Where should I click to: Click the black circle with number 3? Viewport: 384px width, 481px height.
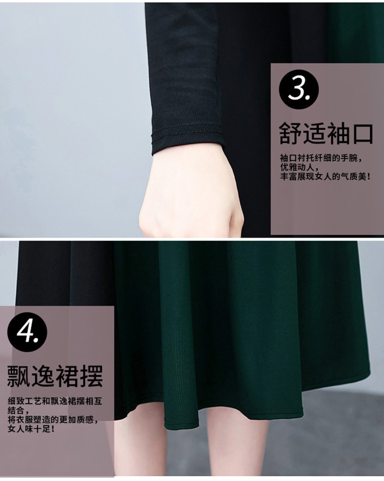point(298,89)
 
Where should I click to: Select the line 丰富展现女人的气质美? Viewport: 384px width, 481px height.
point(325,177)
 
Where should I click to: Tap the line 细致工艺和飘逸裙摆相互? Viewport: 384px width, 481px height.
point(55,401)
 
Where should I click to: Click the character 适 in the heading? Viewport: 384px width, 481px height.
point(314,134)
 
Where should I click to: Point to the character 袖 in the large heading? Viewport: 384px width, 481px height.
point(338,134)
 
